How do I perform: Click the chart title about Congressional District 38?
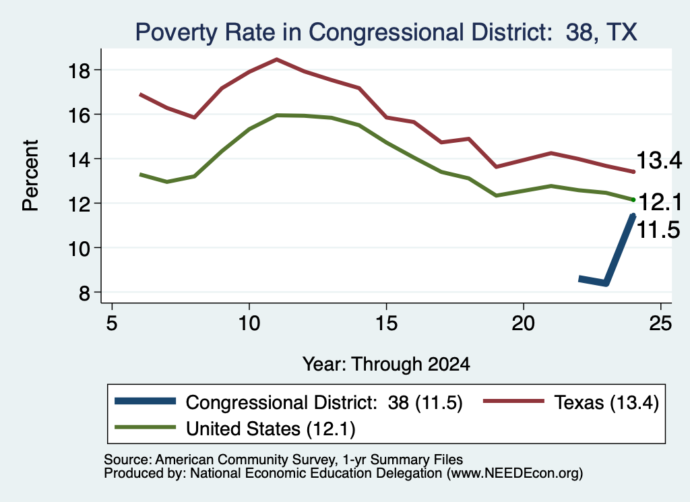(386, 32)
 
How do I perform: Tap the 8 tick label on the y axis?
(84, 292)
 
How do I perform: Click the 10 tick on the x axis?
(249, 323)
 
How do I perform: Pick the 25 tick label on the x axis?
(660, 323)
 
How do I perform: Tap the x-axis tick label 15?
(386, 323)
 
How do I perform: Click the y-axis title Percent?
(30, 176)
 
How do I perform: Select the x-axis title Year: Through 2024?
(386, 365)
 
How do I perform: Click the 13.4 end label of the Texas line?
(659, 160)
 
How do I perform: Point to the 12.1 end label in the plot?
(660, 202)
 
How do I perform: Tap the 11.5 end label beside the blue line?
(658, 230)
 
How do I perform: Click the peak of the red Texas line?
(276, 59)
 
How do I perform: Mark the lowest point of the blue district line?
(606, 282)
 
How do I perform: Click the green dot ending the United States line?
(633, 199)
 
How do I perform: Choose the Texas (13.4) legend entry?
(571, 402)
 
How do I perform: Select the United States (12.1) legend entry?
(235, 429)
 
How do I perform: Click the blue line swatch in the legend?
(146, 401)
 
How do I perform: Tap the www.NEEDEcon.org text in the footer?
(513, 474)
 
